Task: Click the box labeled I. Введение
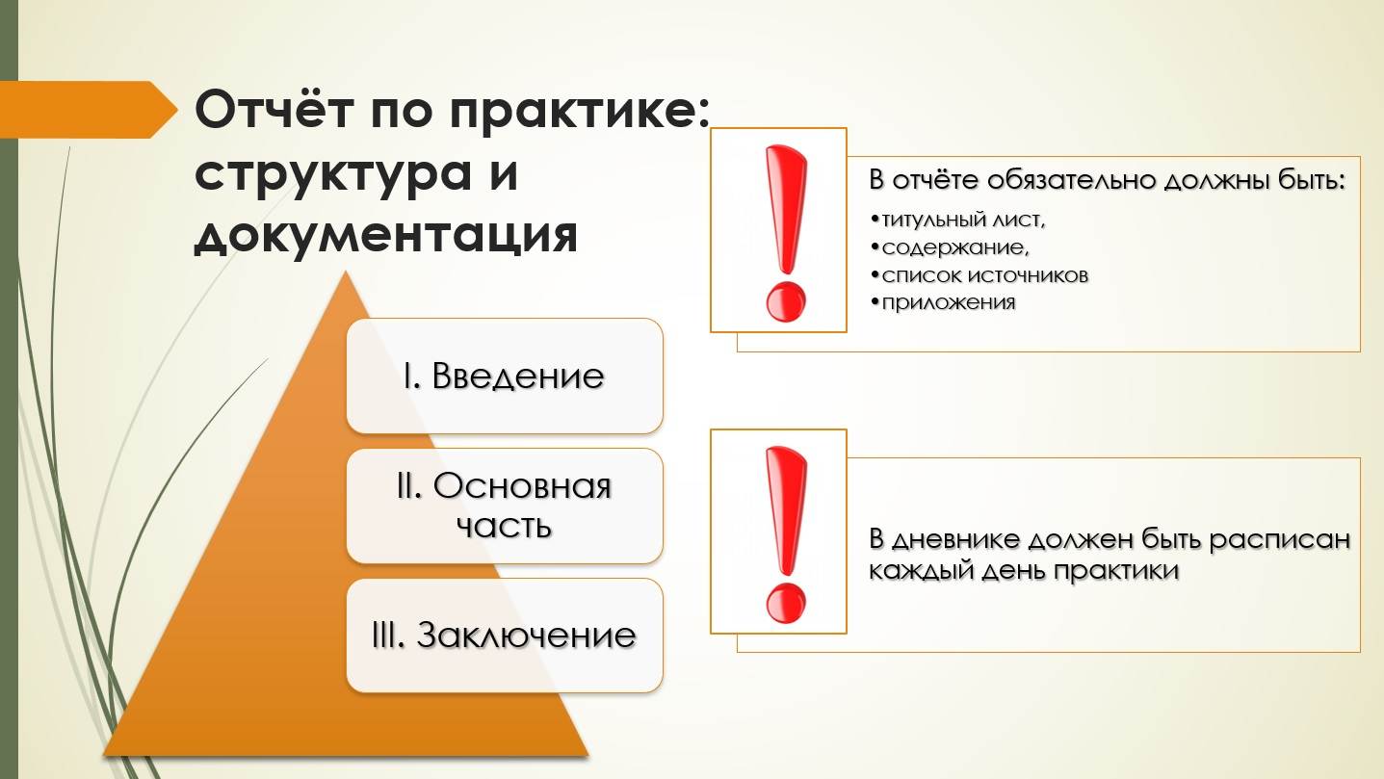tap(505, 376)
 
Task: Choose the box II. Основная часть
tap(505, 506)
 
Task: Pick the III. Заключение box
tap(505, 636)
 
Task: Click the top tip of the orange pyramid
tap(346, 272)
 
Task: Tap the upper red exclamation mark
tap(786, 233)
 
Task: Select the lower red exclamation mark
tap(786, 534)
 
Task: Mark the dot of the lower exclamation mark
tap(786, 604)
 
